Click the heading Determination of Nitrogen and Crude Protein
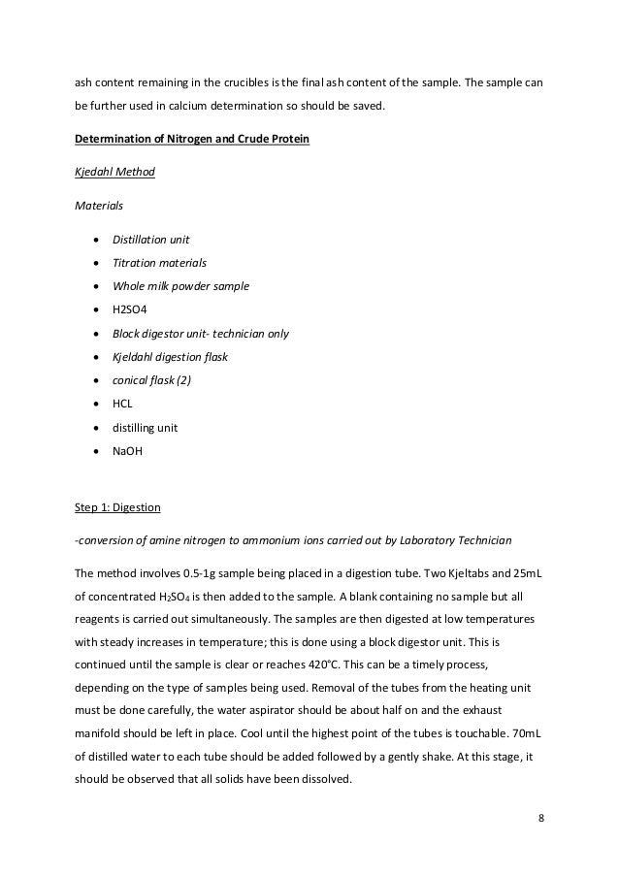[192, 139]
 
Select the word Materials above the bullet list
[98, 205]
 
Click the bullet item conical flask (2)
[152, 380]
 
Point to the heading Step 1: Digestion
[116, 507]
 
